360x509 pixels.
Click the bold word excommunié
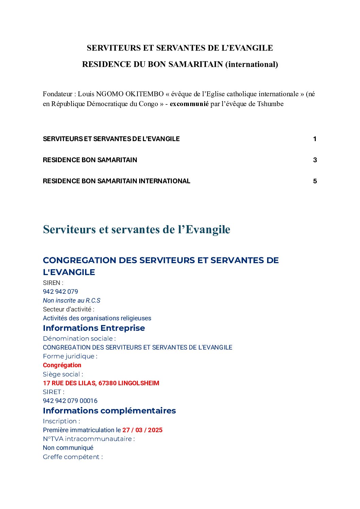189,104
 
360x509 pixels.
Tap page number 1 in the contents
315,139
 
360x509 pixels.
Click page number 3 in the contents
315,160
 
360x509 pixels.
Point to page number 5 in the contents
315,181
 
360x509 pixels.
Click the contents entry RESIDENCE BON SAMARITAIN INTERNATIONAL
116,181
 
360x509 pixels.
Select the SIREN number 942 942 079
61,291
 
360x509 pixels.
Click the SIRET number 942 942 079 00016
70,401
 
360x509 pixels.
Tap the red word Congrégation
62,365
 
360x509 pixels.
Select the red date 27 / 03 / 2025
142,430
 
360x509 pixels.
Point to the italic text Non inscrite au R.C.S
71,300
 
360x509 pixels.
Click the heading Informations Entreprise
94,328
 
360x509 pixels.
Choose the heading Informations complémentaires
109,410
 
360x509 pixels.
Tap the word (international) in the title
251,64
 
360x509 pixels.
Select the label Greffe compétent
72,457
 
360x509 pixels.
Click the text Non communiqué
68,447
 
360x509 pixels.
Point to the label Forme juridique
70,356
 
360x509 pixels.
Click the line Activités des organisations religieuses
97,318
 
